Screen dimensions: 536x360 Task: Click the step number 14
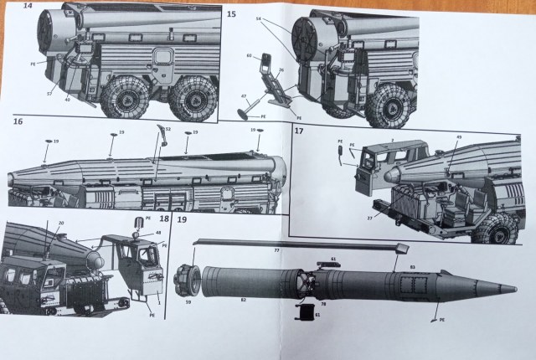(x=28, y=7)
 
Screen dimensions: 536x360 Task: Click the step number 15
(x=232, y=15)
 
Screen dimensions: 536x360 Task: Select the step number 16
(x=16, y=122)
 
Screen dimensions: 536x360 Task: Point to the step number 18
(x=163, y=219)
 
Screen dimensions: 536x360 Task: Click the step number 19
(x=182, y=219)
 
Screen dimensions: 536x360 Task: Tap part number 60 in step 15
(x=248, y=57)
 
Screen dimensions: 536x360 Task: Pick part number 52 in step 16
(x=167, y=129)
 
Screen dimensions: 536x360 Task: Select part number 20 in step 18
(x=60, y=223)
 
